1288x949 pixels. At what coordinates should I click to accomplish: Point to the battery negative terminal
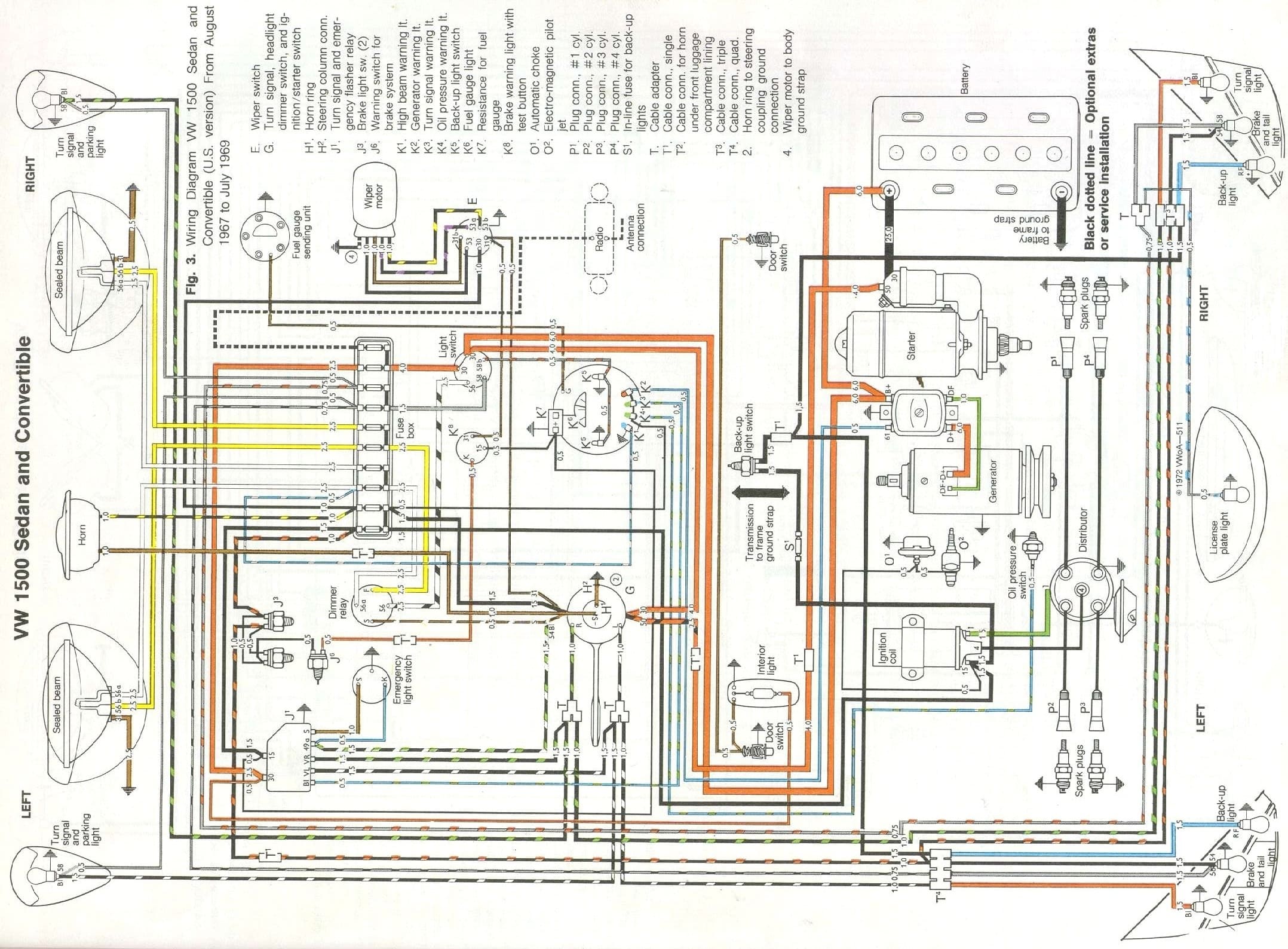[1062, 191]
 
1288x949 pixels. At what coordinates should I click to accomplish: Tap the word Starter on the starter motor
[911, 345]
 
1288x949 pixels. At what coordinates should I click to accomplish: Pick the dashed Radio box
[599, 239]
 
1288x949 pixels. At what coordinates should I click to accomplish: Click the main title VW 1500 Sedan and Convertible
[24, 487]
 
